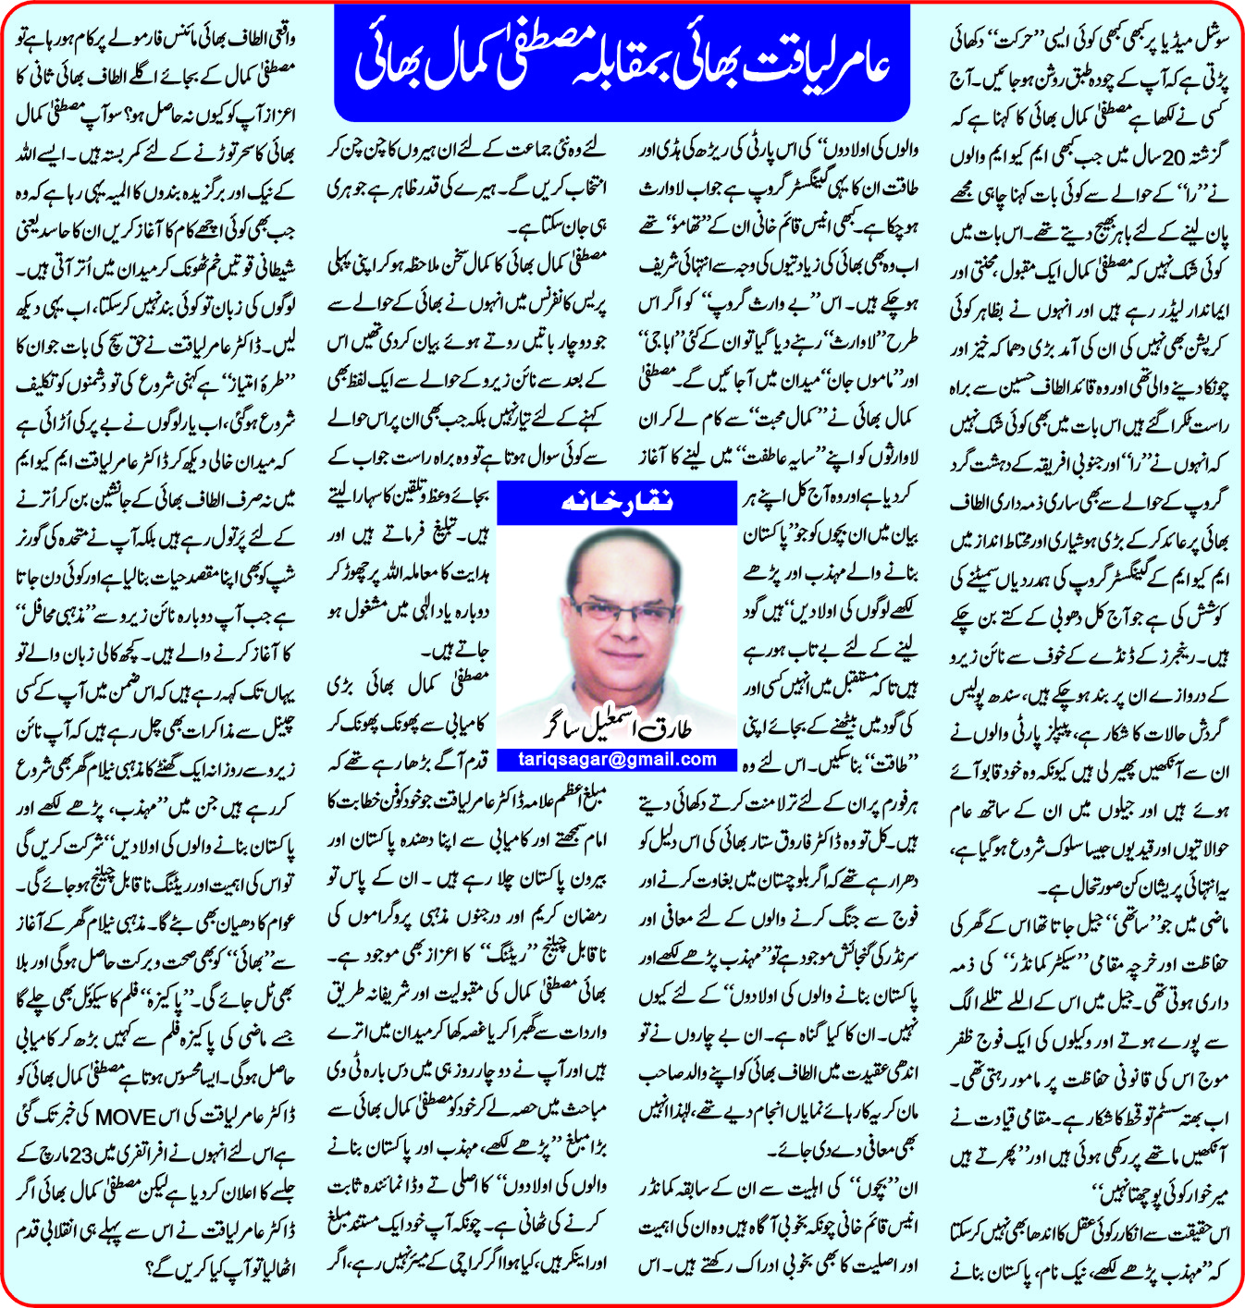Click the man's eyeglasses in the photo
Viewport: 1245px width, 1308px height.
pos(622,611)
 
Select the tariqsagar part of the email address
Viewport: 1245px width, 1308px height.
pos(565,759)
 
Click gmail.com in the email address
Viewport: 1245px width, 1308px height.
pos(669,759)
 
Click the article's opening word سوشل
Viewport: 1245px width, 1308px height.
pos(1207,42)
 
